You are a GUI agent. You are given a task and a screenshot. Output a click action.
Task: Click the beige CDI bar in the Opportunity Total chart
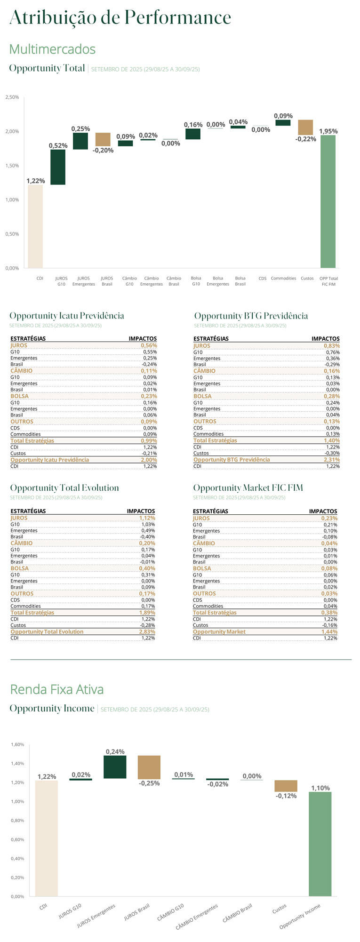coord(35,226)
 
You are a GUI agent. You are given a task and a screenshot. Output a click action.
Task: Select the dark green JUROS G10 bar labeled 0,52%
coord(58,167)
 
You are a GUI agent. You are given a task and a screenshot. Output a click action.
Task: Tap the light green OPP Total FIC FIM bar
coord(328,201)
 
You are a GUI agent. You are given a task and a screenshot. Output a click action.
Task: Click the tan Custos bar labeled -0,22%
coord(305,128)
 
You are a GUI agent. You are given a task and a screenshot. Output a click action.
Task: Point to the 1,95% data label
coord(328,131)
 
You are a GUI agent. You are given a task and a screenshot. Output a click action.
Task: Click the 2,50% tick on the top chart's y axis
coord(12,97)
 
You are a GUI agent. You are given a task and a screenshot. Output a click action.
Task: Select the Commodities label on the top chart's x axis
coord(283,279)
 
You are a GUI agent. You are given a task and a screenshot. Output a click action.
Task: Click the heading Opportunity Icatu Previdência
coord(67,316)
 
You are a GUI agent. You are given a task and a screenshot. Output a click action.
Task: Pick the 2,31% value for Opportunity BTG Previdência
coord(331,460)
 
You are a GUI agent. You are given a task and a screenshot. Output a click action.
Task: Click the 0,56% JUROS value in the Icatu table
coord(149,345)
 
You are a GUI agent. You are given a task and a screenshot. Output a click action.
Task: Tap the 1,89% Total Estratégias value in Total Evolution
coord(147,613)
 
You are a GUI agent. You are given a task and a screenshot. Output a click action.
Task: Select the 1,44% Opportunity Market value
coord(329,632)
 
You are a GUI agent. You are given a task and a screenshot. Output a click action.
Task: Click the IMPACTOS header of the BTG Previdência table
coord(325,339)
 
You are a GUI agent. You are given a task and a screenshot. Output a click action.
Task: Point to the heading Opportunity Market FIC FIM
coord(248,488)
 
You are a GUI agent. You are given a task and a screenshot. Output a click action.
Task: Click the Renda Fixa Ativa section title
coord(57,689)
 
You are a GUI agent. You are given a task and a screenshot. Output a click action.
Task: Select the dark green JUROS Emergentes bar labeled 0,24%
coord(115,767)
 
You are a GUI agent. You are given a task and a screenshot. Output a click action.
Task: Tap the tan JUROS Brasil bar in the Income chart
coord(149,767)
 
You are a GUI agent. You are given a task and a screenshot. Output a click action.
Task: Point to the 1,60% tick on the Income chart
coord(17,745)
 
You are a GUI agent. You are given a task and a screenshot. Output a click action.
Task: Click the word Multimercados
coord(52,49)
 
